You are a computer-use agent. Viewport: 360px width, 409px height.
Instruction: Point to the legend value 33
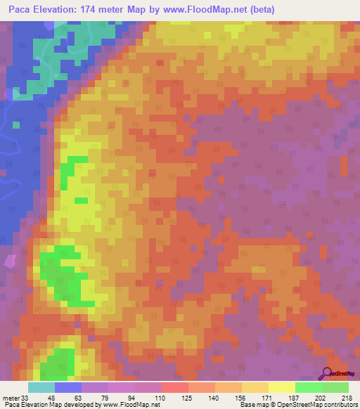[27, 398]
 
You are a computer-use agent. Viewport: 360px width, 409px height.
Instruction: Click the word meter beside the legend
[11, 398]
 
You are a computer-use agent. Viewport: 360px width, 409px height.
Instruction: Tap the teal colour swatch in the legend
[41, 387]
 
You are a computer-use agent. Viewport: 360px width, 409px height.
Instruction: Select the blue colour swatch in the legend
[68, 387]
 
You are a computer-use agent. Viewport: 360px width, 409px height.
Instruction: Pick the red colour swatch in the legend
[174, 387]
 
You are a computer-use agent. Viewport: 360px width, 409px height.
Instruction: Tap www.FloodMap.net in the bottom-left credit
[133, 405]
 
